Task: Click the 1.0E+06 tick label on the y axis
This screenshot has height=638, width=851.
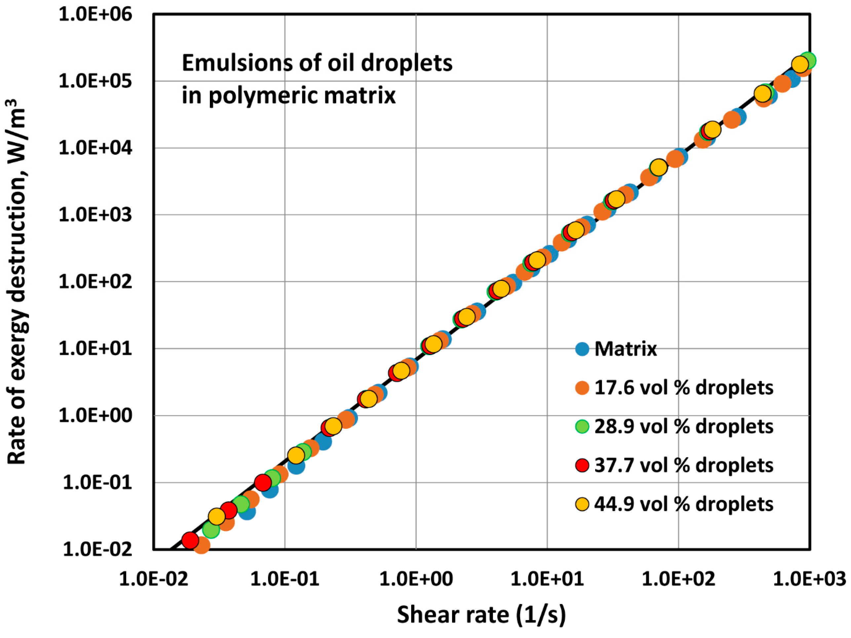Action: pos(95,15)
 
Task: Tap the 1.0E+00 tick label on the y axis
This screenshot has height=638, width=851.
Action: pos(95,416)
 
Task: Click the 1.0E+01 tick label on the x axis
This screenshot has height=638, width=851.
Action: pos(547,579)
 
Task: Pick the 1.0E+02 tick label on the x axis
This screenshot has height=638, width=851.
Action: pos(678,579)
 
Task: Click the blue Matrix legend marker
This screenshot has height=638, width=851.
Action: pos(582,349)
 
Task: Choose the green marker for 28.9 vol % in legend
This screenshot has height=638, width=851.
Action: pos(582,427)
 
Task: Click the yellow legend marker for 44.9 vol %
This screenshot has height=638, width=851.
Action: pos(582,504)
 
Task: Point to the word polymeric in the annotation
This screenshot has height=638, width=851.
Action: pos(263,96)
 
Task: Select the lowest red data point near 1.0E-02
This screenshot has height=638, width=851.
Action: pos(190,540)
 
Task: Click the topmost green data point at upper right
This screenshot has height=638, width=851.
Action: pos(808,60)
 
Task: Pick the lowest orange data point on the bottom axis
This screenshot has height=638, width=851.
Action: pos(201,545)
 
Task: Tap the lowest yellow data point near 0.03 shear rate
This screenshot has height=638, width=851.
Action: pos(216,517)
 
